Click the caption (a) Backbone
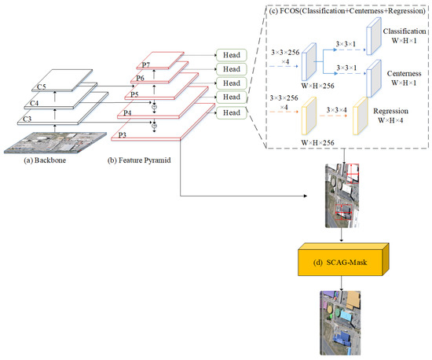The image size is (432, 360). click(x=46, y=160)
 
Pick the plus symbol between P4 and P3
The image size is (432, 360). click(x=156, y=124)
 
